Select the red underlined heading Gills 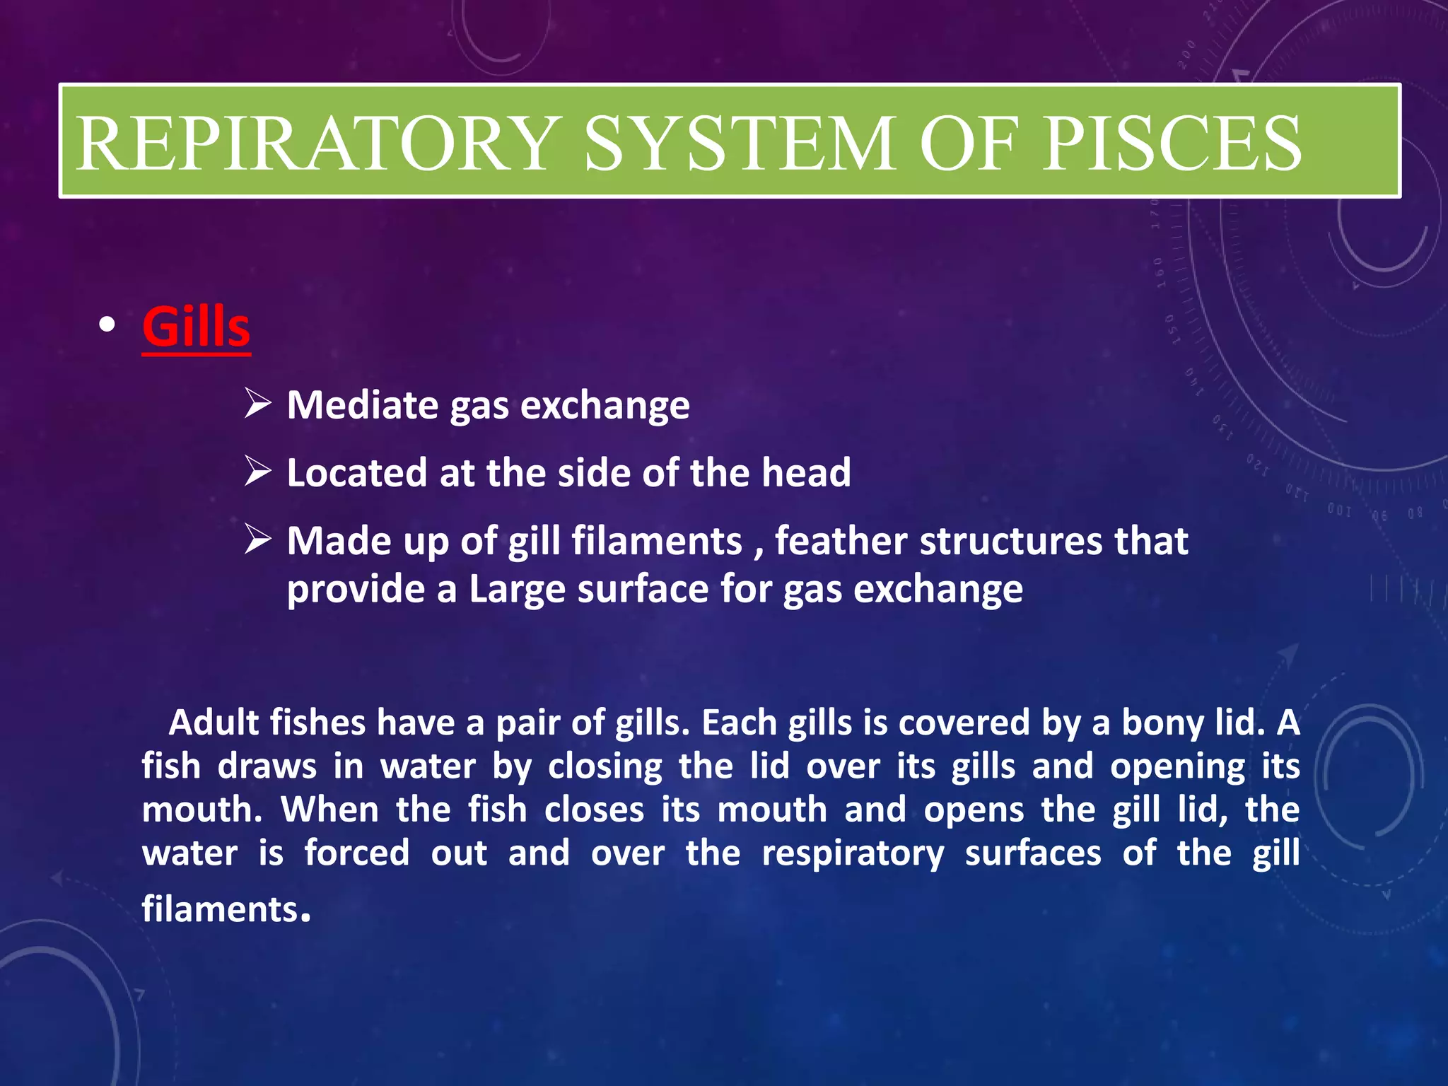click(196, 327)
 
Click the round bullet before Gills click(107, 326)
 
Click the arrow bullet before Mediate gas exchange click(258, 404)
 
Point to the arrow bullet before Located click(258, 472)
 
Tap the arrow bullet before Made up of click(258, 539)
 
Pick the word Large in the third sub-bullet click(517, 589)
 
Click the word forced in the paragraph click(357, 853)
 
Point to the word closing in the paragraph click(605, 766)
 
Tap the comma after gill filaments click(759, 553)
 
